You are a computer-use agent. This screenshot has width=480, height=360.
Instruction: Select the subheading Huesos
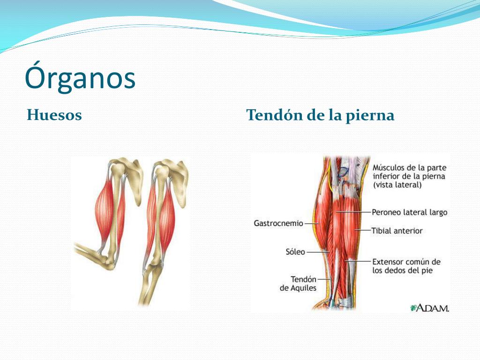[x=54, y=115]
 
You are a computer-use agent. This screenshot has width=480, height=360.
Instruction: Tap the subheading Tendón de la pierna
[x=320, y=115]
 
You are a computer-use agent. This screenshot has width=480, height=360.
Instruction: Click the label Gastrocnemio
[x=278, y=223]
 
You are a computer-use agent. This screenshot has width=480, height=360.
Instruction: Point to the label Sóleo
[x=295, y=252]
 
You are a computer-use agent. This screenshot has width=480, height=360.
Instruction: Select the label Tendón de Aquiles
[x=298, y=284]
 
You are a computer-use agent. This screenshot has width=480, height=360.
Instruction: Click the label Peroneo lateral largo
[x=409, y=212]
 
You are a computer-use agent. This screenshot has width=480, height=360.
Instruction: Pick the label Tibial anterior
[x=397, y=231]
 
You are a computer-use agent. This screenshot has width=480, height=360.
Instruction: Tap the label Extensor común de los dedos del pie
[x=406, y=266]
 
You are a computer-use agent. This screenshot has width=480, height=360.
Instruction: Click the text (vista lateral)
[x=397, y=185]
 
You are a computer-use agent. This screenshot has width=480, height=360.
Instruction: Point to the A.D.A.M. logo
[x=429, y=307]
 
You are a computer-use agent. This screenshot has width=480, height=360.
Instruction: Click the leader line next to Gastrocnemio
[x=312, y=224]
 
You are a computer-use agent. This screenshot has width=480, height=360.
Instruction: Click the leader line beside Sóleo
[x=318, y=252]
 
